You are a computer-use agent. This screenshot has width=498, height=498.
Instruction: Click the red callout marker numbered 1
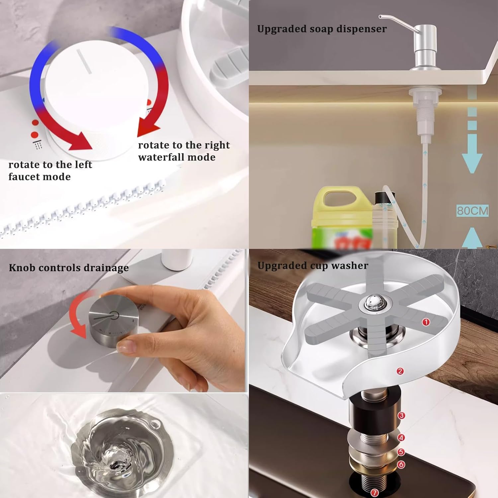(x=426, y=322)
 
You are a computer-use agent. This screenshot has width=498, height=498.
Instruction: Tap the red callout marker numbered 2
(x=400, y=371)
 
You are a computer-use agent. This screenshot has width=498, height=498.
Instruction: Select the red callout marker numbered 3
(x=401, y=415)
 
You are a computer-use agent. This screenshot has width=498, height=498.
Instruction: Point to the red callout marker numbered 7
(x=375, y=493)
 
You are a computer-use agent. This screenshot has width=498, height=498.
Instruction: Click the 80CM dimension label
(x=472, y=210)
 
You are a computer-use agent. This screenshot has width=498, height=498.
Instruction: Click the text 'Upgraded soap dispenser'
(x=322, y=29)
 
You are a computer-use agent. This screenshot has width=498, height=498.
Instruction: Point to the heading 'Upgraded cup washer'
(x=313, y=266)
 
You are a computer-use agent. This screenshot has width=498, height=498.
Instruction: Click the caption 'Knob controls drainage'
(x=69, y=268)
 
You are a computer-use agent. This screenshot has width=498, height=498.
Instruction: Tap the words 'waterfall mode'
(x=177, y=157)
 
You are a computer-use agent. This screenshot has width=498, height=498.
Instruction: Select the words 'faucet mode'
(x=40, y=177)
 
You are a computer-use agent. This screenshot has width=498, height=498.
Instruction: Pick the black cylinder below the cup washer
(x=375, y=412)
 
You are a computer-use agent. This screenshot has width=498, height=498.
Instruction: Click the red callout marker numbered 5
(x=401, y=452)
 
